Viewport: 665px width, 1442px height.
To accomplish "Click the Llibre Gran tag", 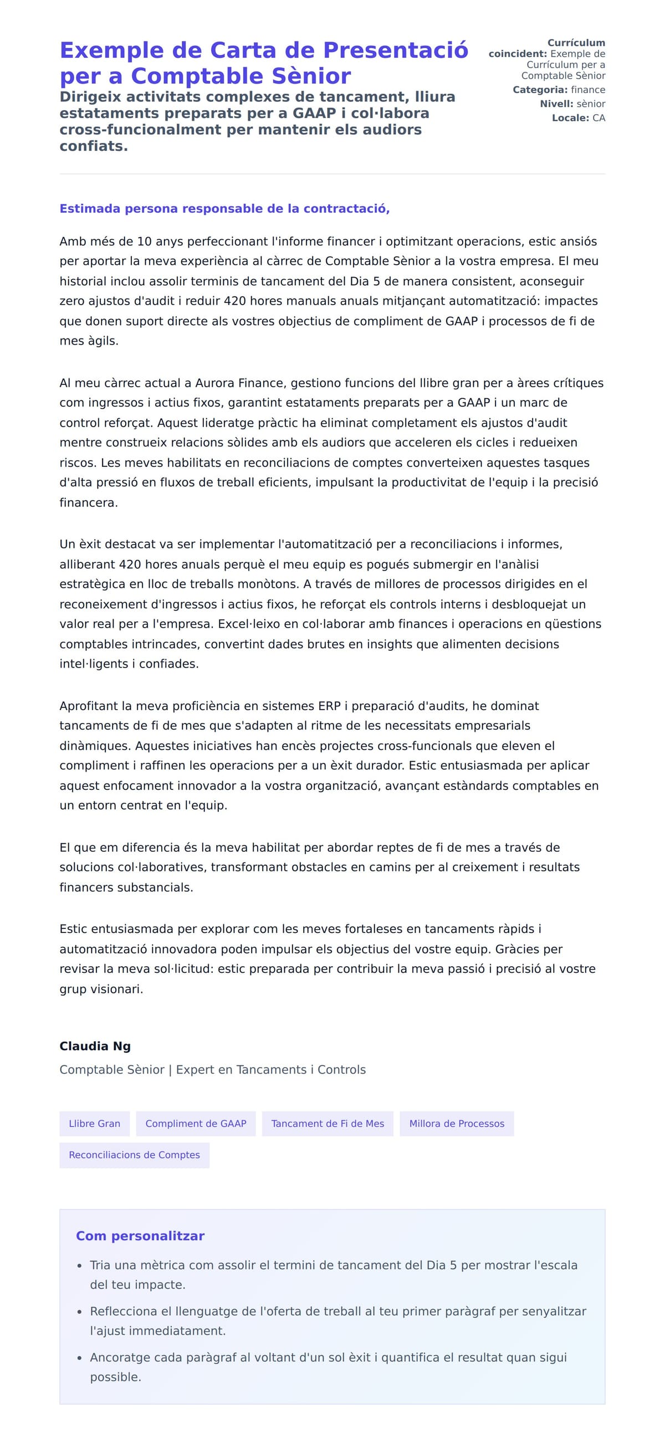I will coord(94,1123).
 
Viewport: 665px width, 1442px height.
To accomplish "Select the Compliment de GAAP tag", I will coord(196,1123).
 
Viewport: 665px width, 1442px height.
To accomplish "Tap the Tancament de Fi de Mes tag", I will coord(328,1123).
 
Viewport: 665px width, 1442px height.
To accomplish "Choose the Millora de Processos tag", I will coord(456,1123).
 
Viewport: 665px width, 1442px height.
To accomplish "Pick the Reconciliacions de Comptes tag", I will coord(134,1155).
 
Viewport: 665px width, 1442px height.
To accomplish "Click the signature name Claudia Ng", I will coord(95,1046).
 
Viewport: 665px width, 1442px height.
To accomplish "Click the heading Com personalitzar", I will coord(140,1236).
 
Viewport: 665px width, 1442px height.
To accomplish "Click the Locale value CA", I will coord(598,118).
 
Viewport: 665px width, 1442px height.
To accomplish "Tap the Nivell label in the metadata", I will coord(556,104).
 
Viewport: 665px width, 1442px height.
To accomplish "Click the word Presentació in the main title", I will coord(395,50).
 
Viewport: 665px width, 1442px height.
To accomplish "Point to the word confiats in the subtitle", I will coord(93,146).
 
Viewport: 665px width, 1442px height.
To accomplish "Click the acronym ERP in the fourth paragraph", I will coord(329,706).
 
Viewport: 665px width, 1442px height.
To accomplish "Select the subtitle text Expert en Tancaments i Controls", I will coord(270,1070).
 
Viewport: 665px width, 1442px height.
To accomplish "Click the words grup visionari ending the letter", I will coord(101,989).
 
